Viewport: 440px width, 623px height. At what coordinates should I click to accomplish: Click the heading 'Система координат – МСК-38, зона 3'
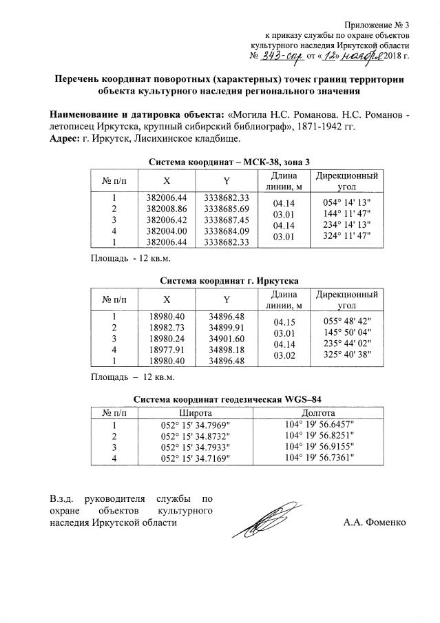(229, 162)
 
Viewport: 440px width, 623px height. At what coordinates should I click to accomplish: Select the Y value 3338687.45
(226, 220)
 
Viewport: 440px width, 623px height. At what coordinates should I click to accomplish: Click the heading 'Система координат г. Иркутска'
(229, 282)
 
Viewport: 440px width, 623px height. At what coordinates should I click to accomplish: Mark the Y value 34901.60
(227, 339)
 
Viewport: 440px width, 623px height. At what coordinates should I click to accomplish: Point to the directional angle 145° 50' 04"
(347, 332)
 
